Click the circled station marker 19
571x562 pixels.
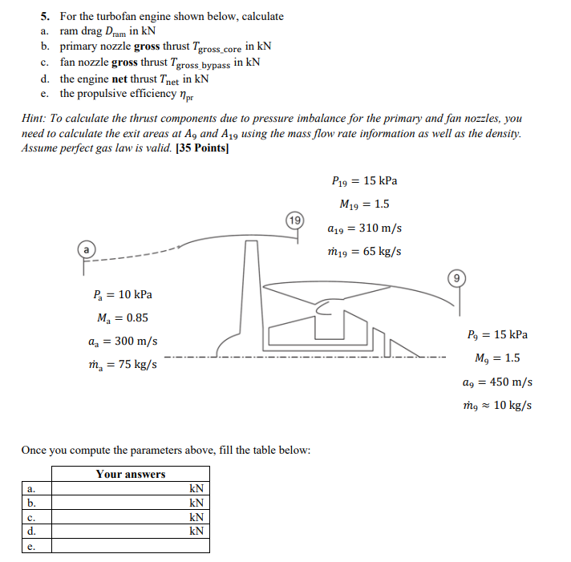point(296,218)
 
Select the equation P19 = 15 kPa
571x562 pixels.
point(364,180)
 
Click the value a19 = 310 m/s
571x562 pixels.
point(364,228)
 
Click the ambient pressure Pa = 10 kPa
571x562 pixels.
point(123,294)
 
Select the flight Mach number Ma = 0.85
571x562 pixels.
point(123,317)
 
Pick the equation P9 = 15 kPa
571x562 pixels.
point(496,334)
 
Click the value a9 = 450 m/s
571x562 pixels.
point(498,382)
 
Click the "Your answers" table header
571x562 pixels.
point(131,474)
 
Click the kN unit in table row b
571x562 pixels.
point(196,502)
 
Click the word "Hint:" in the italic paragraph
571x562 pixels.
point(36,118)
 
